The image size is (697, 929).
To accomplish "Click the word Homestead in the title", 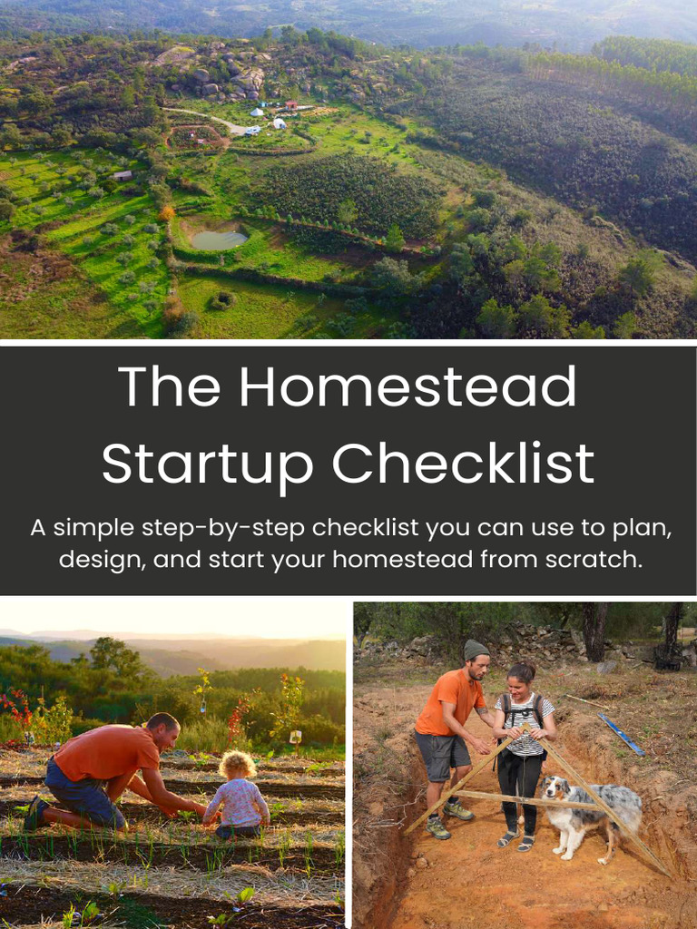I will point(407,387).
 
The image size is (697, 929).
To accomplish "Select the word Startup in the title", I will point(208,465).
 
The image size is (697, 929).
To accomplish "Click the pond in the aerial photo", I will point(219,240).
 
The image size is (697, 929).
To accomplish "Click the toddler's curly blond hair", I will point(237,764).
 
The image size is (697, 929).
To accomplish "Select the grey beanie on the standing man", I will point(476,650).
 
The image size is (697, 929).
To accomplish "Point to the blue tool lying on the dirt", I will point(621,734).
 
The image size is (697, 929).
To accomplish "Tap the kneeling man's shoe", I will point(34,813).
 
